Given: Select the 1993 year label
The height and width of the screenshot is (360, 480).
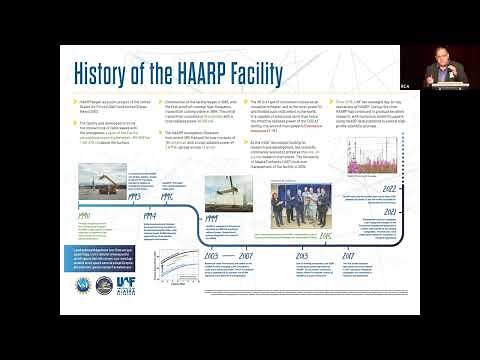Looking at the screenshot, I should pyautogui.click(x=132, y=196).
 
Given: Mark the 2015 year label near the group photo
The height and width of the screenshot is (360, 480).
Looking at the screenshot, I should pyautogui.click(x=325, y=236).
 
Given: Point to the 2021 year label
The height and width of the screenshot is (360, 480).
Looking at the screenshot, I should pyautogui.click(x=390, y=211).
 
